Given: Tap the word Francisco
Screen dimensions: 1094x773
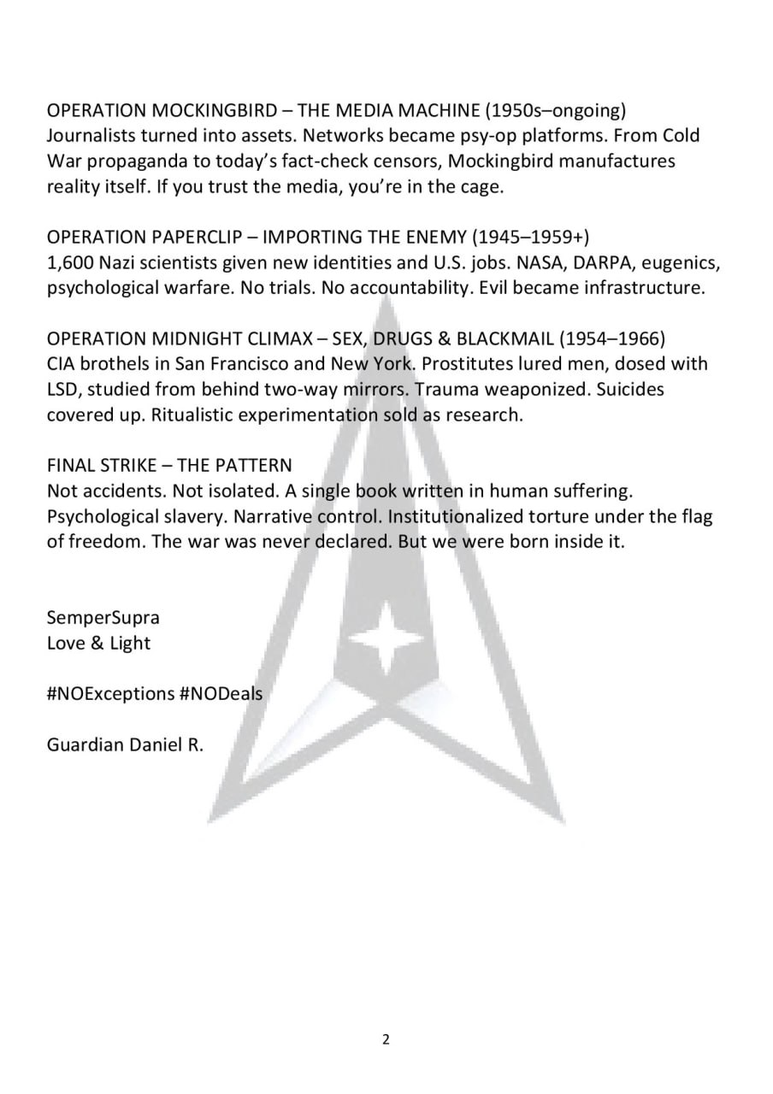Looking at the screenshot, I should (246, 364).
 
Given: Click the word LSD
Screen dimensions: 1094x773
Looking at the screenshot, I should (61, 390).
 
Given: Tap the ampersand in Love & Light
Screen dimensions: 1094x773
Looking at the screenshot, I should (96, 643).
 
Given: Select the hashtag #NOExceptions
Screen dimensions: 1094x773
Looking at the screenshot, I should (111, 693).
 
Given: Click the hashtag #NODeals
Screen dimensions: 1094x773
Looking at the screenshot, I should (222, 693).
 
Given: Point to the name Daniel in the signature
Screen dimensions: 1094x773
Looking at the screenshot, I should (152, 744).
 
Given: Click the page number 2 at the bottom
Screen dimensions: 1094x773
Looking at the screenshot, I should (386, 1039).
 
